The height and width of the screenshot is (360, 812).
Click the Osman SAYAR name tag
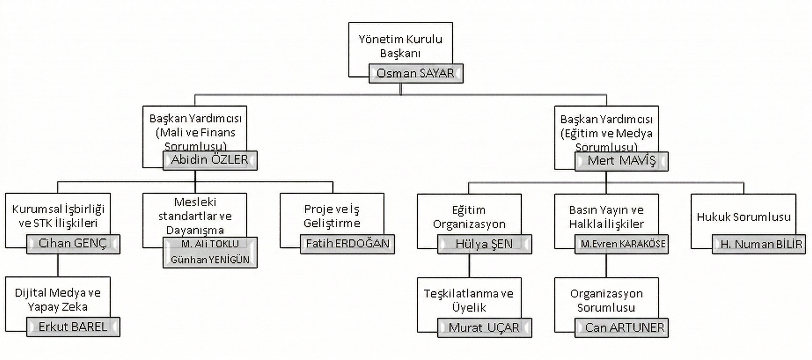coord(416,74)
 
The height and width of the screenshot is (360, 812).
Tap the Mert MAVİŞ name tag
coord(621,161)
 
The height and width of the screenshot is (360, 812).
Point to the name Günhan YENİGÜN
coord(210,260)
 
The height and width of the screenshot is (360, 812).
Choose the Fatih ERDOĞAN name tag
coord(347,244)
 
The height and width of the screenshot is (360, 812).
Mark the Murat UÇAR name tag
coord(484,328)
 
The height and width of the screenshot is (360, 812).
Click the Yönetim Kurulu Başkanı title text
coord(400,46)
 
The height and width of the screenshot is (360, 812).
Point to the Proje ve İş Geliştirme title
coord(332,216)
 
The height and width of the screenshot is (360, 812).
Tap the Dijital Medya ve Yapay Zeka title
coord(58,300)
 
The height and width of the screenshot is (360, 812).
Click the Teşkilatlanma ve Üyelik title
coord(469,300)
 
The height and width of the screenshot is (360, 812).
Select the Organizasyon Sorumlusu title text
coord(606,300)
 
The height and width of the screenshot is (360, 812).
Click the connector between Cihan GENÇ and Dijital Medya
coord(58,266)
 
